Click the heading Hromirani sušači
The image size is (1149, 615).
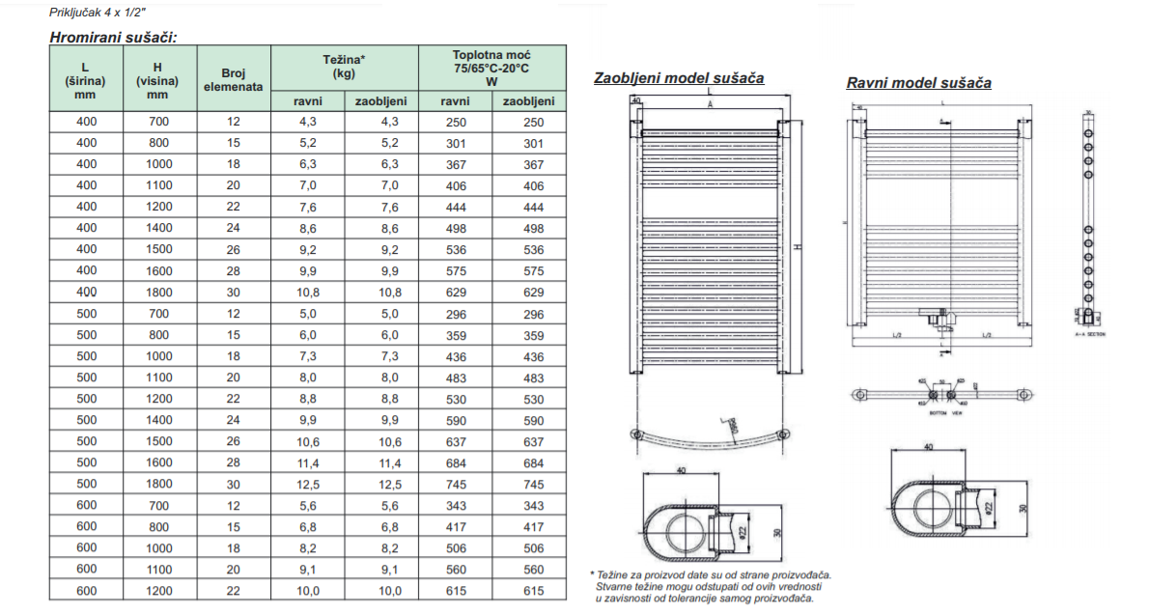113,38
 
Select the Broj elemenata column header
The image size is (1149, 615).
234,79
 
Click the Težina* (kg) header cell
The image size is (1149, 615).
344,67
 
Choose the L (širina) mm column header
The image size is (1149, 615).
85,79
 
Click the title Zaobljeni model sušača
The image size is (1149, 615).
679,77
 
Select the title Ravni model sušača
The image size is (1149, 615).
918,82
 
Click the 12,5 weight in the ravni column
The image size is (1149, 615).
307,484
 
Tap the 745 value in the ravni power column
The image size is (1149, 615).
455,484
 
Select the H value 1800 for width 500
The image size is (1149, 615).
158,484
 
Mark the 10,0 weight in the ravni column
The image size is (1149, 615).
307,590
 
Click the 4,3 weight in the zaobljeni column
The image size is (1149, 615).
381,123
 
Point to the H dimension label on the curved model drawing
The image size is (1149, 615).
798,247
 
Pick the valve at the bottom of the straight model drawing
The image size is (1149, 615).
939,316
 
